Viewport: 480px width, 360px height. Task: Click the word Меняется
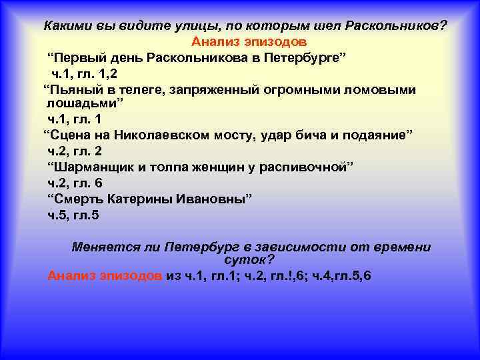(103, 247)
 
